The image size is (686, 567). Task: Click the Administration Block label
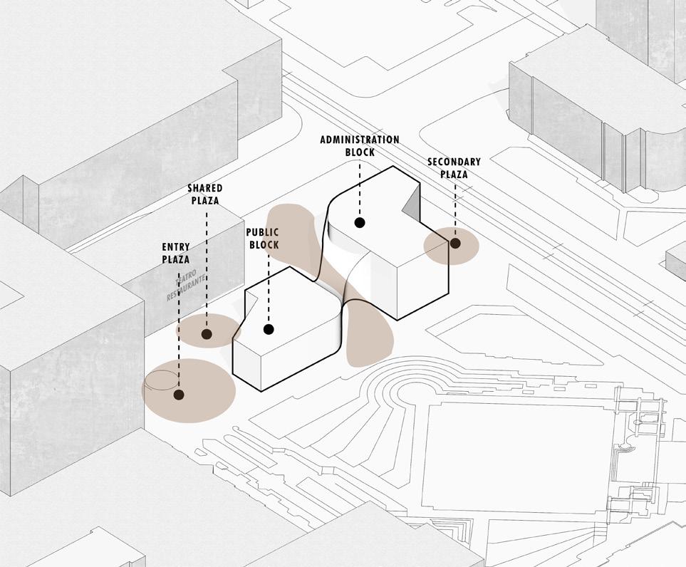point(359,145)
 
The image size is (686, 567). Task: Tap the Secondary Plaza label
point(454,167)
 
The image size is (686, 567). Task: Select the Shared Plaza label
point(204,194)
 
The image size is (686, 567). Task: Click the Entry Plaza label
point(176,253)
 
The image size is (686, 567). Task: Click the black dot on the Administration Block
point(360,222)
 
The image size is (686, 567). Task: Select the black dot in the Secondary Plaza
point(454,244)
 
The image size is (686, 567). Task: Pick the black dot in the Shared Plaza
point(207,333)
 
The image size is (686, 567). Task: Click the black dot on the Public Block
point(269,329)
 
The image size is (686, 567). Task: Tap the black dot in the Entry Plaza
point(178,394)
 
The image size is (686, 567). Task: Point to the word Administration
point(359,140)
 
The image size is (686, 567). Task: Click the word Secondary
point(454,162)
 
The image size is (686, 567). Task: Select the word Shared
point(204,188)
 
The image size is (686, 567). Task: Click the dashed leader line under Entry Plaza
point(178,328)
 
